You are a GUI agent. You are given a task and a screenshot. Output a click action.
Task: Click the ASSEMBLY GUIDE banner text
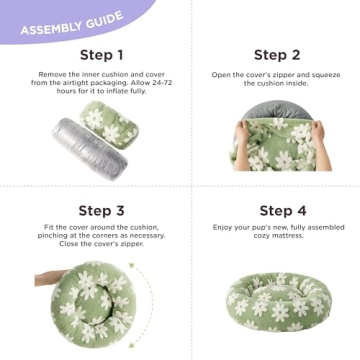pyautogui.click(x=72, y=23)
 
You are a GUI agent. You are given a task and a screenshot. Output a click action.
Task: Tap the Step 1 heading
pyautogui.click(x=101, y=55)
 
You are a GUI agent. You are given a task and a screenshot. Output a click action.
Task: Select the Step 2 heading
pyautogui.click(x=277, y=55)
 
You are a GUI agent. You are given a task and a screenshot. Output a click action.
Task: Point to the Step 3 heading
pyautogui.click(x=101, y=211)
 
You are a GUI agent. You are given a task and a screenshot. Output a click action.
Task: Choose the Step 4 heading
pyautogui.click(x=283, y=211)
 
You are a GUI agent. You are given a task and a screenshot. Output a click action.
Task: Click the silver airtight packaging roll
pyautogui.click(x=90, y=149)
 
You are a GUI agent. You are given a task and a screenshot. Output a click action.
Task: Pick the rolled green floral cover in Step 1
pyautogui.click(x=109, y=125)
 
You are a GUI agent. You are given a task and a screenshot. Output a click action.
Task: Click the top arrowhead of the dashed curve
pyautogui.click(x=132, y=266)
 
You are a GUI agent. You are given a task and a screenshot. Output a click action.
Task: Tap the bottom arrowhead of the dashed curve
pyautogui.click(x=132, y=344)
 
